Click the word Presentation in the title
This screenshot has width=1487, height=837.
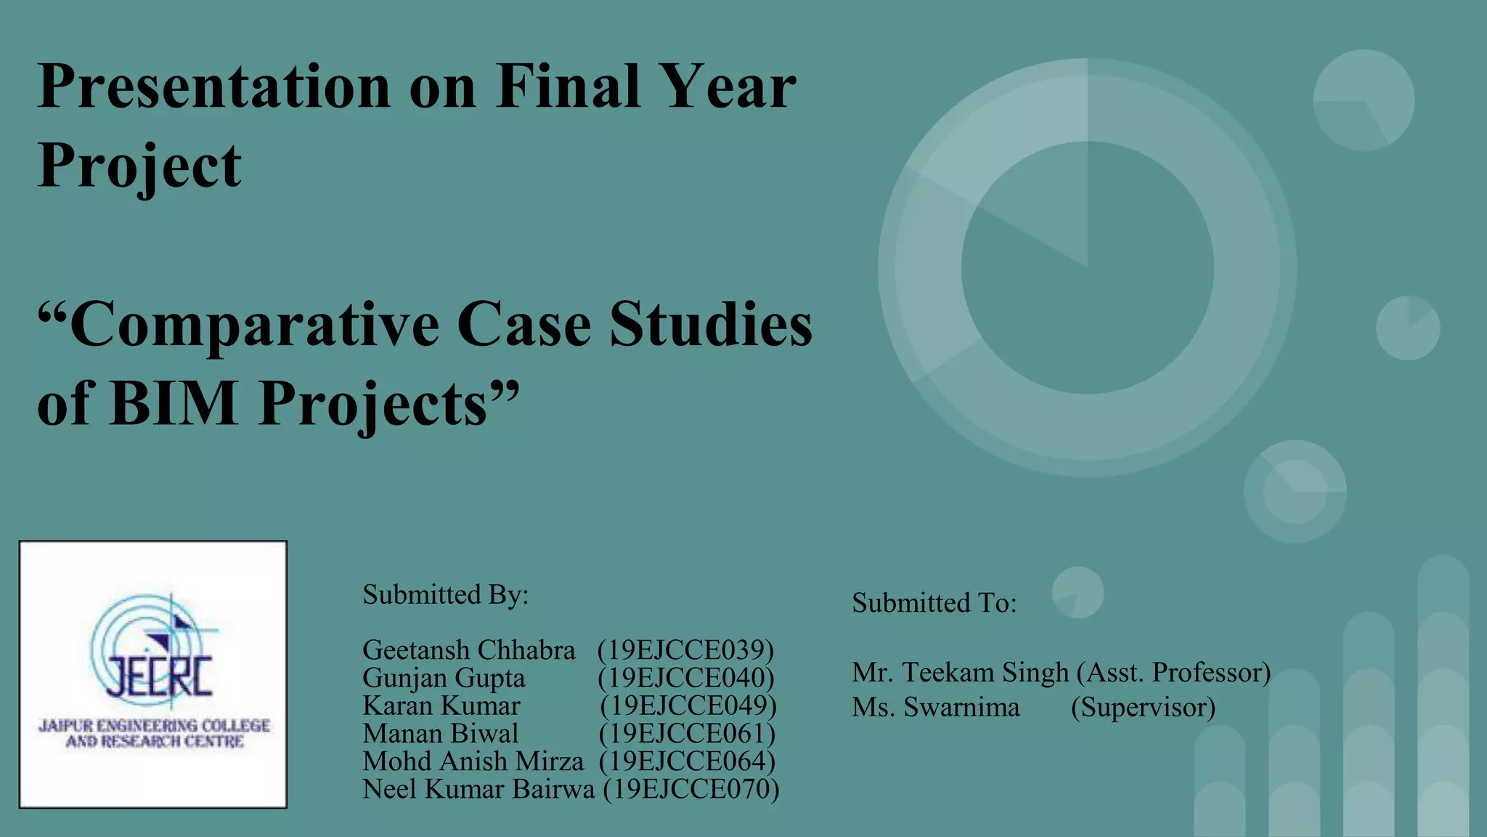click(214, 87)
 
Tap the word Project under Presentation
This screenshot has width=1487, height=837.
click(139, 166)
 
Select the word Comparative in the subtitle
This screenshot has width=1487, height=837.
click(254, 325)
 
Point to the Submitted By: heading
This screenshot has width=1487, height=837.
click(445, 594)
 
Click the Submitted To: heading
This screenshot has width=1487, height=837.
click(934, 602)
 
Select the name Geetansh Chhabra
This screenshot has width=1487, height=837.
click(468, 650)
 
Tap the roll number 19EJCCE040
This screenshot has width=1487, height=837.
click(686, 678)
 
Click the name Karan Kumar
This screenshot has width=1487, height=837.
click(441, 705)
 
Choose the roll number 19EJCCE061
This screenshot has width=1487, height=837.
click(687, 733)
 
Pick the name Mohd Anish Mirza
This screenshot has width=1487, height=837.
click(473, 761)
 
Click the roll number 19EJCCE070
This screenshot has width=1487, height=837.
click(690, 789)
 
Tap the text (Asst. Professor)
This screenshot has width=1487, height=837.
click(1173, 672)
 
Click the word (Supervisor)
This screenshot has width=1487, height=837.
click(1143, 707)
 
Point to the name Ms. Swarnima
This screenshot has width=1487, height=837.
click(935, 707)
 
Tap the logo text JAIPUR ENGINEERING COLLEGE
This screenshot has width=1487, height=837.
click(154, 725)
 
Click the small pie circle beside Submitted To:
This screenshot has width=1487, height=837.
click(1077, 593)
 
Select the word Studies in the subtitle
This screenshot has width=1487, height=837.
click(711, 325)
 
